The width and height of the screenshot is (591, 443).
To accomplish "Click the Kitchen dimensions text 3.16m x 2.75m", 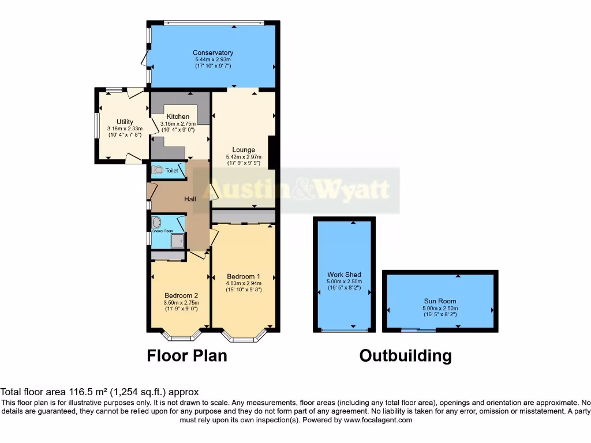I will (x=178, y=123).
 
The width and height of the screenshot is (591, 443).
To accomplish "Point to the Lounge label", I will (x=244, y=149).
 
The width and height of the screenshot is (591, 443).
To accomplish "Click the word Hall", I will (x=190, y=199).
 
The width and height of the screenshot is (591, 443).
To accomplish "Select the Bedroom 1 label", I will (x=244, y=275).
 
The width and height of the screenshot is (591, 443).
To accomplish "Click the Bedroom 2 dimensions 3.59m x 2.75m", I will (x=181, y=302).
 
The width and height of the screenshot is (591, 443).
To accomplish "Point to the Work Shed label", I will (x=343, y=275).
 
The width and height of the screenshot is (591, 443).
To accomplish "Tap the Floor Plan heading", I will (x=187, y=355).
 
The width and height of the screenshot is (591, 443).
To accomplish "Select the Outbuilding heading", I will (x=405, y=355).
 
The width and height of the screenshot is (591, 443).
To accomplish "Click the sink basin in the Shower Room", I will (x=156, y=223).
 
